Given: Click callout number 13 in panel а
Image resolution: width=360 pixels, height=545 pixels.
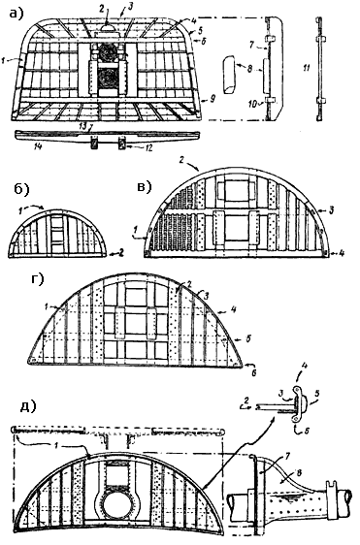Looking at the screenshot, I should [x=83, y=127].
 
